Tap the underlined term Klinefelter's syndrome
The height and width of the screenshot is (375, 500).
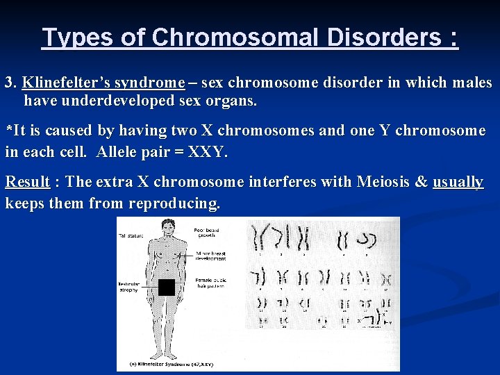pyautogui.click(x=103, y=83)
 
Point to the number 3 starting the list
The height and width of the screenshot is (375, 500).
pyautogui.click(x=9, y=83)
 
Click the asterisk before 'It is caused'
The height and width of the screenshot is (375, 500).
pyautogui.click(x=8, y=130)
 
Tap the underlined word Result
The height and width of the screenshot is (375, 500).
pyautogui.click(x=27, y=183)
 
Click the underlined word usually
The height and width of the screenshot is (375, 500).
pyautogui.click(x=458, y=183)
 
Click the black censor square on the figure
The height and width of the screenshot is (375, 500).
pyautogui.click(x=166, y=287)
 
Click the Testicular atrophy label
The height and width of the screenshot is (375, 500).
pyautogui.click(x=128, y=287)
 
